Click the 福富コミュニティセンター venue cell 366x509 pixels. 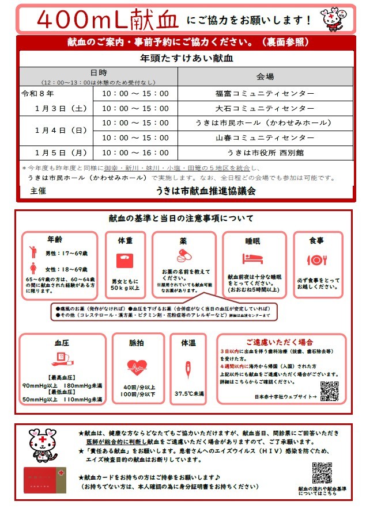[x=265, y=93]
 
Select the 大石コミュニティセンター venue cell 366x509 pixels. [x=265, y=108]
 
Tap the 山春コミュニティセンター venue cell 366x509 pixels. [x=265, y=138]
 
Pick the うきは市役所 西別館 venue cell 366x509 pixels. [x=265, y=153]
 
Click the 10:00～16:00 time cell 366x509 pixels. [x=135, y=153]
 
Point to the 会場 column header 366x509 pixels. [x=265, y=76]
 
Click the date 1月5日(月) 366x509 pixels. [x=61, y=153]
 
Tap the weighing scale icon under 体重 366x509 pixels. [x=125, y=261]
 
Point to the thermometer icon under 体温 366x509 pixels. [x=188, y=368]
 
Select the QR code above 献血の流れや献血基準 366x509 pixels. [x=322, y=473]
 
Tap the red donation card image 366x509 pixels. [x=46, y=478]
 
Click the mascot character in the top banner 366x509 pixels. [x=333, y=18]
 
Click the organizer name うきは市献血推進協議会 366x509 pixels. [x=206, y=190]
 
